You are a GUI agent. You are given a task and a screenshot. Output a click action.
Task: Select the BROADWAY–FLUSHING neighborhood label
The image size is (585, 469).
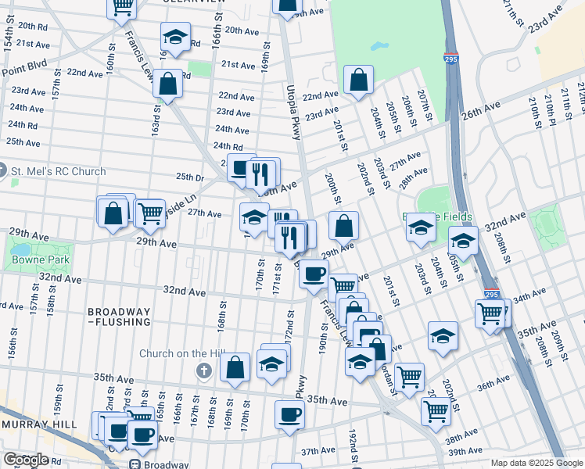coord(119,316)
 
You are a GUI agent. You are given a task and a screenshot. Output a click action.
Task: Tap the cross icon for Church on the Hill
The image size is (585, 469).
coord(204,371)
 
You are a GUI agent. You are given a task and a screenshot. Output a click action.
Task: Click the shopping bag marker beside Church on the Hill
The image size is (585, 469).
coord(235,367)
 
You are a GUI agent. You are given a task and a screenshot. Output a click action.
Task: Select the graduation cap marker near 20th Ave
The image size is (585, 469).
coord(175,37)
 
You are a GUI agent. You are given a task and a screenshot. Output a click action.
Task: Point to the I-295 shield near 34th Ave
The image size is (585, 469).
coord(491,294)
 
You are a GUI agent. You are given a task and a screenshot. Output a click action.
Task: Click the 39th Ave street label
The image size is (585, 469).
coord(465,453)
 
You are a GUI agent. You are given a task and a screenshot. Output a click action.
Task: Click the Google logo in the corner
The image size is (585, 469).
coord(26,460)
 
